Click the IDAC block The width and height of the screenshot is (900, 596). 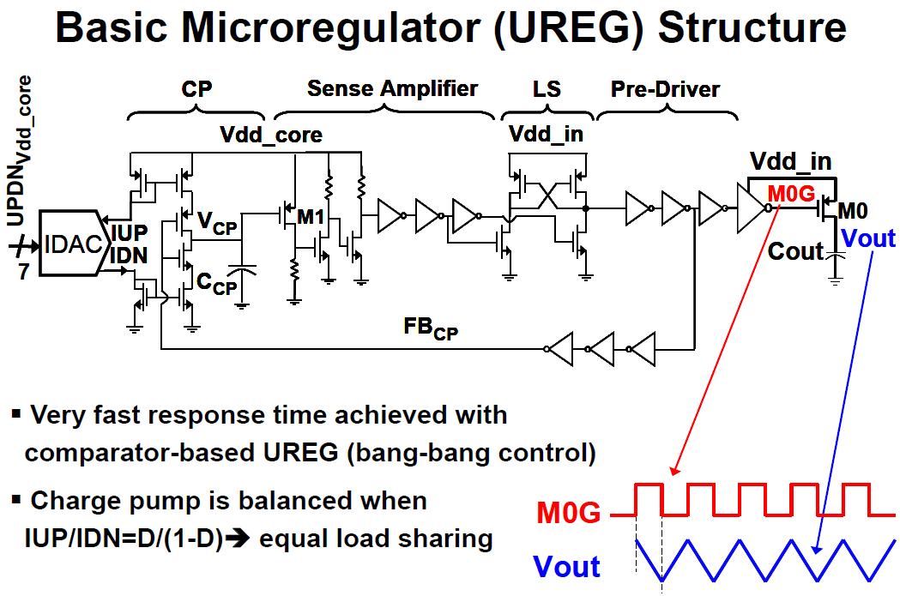point(75,244)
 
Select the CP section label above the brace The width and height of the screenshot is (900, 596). point(196,89)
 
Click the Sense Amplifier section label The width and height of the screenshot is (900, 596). point(392,89)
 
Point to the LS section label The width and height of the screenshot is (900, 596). point(546,89)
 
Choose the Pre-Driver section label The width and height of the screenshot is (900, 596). point(665,89)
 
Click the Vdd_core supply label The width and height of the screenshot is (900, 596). point(271,135)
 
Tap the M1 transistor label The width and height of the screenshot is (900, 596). point(311,216)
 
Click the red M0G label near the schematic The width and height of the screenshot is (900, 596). point(791,194)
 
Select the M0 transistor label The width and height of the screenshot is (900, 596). point(852,211)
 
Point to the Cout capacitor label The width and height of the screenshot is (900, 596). point(796,251)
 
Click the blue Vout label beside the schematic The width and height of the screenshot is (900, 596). point(868,238)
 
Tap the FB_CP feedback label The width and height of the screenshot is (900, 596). point(431,328)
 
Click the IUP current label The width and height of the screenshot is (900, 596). point(130,233)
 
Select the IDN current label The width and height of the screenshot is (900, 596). point(129,255)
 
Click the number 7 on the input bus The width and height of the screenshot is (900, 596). point(23,271)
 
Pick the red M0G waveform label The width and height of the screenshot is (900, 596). point(568,512)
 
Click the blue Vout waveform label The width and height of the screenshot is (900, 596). point(566,566)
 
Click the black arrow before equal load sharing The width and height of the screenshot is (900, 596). point(238,539)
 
